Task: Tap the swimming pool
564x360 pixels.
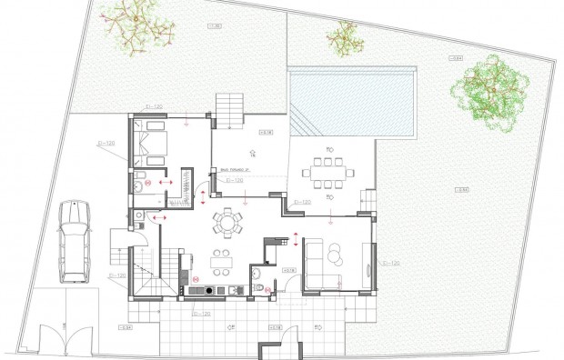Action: (x=350, y=100)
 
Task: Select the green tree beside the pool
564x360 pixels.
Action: (x=490, y=91)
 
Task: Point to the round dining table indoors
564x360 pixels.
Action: (x=227, y=221)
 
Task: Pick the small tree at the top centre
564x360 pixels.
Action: (x=345, y=37)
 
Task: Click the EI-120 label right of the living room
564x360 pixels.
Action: (x=391, y=263)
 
